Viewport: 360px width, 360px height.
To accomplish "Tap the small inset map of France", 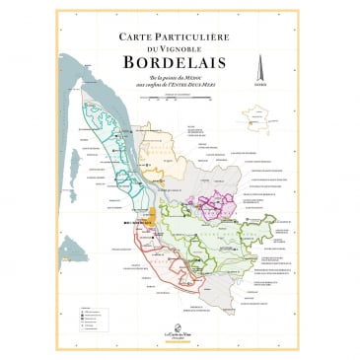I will [261, 121].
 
